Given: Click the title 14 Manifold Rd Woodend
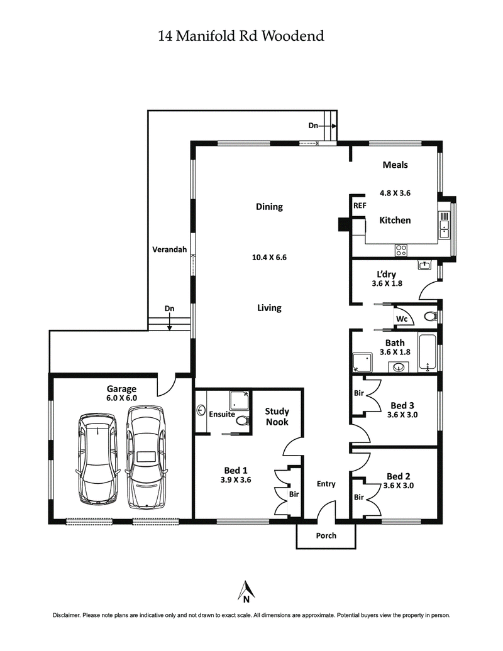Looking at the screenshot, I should tap(241, 36).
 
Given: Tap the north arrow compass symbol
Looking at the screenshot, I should tap(247, 591).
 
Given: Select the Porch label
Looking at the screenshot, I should tap(326, 535).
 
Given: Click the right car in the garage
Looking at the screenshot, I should tap(146, 457).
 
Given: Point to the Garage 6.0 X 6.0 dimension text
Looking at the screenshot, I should tap(121, 398).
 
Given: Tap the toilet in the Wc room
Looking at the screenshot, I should tap(431, 316).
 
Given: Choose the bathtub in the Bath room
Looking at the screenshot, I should tap(427, 354).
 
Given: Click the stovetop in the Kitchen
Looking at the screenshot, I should tap(401, 250).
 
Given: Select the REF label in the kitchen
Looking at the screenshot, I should tap(359, 205).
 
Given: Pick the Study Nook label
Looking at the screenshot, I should tap(277, 417).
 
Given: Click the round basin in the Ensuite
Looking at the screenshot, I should tap(202, 411).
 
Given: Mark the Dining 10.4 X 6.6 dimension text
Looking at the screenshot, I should tap(269, 256).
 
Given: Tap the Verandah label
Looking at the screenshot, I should tap(170, 249).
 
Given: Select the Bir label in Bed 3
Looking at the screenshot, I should tap(359, 393).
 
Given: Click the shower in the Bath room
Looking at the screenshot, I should tap(362, 362).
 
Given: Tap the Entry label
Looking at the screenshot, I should tap(326, 484).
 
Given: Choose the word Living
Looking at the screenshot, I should tap(268, 308).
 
